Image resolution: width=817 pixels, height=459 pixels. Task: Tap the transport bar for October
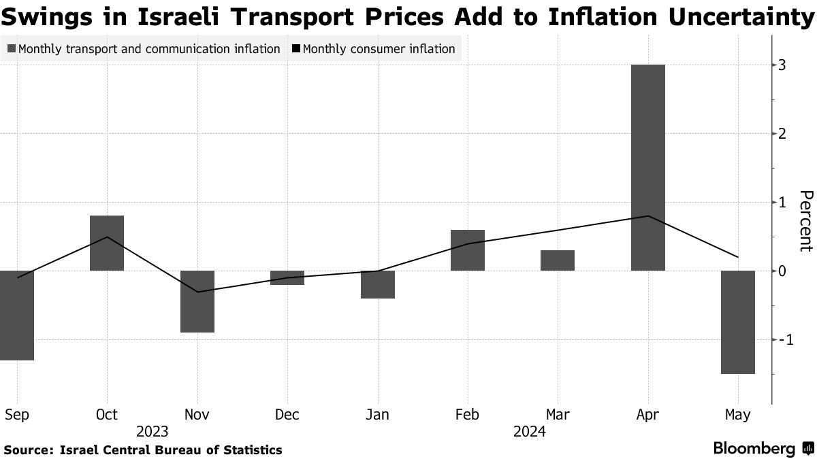(x=107, y=243)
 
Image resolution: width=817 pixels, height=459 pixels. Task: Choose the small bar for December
(x=287, y=277)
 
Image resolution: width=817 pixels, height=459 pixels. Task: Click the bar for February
(x=468, y=250)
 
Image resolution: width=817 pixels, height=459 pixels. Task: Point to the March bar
(x=558, y=260)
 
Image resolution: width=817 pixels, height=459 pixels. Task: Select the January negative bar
(x=378, y=284)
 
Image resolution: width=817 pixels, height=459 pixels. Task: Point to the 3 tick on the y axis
(x=784, y=65)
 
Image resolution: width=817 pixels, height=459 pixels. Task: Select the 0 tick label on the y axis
(x=784, y=271)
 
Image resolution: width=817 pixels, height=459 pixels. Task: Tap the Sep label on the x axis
(x=16, y=414)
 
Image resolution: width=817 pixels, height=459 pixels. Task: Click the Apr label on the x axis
(x=647, y=414)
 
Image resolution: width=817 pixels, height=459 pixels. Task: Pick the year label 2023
(x=152, y=431)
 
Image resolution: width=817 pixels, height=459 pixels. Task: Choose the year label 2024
(x=530, y=431)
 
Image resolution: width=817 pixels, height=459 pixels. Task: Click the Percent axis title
(x=805, y=221)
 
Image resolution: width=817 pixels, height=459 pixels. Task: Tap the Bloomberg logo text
(x=754, y=449)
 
